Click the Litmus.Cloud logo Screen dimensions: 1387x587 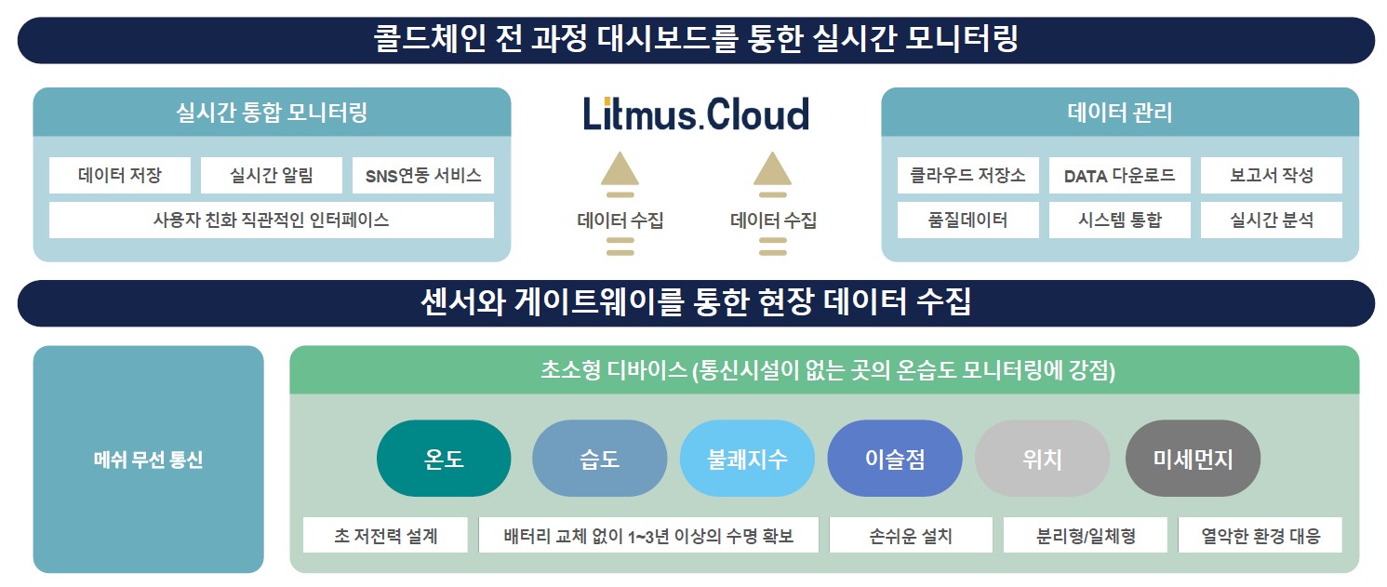[x=696, y=113]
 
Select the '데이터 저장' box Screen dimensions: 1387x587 [x=120, y=175]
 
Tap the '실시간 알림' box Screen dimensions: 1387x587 [x=272, y=175]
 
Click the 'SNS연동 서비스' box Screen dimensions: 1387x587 [x=423, y=175]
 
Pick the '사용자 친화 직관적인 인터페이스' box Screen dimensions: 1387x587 [x=272, y=220]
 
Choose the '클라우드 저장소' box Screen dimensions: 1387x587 [x=967, y=175]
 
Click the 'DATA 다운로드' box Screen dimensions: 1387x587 [x=1119, y=175]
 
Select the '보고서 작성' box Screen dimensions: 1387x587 [x=1272, y=175]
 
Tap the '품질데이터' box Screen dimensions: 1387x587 [x=967, y=220]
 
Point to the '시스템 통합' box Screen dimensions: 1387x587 [x=1119, y=220]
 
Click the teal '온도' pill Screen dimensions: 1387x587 [x=444, y=459]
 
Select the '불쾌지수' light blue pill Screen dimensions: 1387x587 [x=747, y=459]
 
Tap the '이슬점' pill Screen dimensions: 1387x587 [x=895, y=459]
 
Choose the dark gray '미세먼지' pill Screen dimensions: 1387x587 [x=1193, y=459]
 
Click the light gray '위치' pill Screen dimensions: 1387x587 [x=1043, y=459]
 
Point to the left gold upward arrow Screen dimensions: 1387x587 [x=620, y=174]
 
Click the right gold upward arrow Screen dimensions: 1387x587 [x=772, y=174]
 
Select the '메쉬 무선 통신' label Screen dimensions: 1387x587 [x=148, y=460]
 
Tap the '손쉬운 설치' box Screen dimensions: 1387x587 [x=911, y=535]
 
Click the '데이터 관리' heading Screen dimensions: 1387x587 [x=1119, y=113]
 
